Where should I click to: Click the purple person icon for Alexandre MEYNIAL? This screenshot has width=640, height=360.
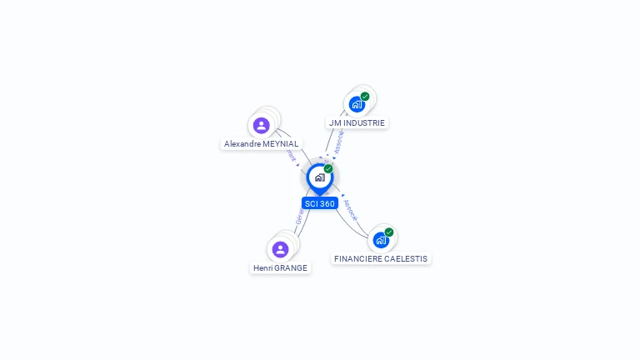coord(262,125)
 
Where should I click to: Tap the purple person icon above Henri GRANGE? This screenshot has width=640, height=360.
coord(280,249)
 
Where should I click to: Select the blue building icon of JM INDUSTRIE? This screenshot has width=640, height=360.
coord(357,104)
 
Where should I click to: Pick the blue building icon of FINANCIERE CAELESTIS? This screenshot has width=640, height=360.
coord(381,240)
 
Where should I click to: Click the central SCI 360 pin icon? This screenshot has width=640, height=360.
coord(319,177)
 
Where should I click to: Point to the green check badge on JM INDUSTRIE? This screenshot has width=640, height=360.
coord(365,97)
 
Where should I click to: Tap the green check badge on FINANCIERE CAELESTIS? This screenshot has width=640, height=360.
coord(389,232)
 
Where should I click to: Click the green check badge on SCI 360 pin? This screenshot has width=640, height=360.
coord(328,169)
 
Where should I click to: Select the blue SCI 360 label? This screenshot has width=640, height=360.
coord(320,203)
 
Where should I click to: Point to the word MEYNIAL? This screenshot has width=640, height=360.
coord(282,144)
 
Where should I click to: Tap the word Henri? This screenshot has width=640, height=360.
coord(264,268)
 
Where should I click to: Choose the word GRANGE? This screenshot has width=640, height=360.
coord(292,268)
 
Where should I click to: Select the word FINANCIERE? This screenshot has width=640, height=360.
coord(358,259)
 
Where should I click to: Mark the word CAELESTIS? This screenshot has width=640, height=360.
coord(407,259)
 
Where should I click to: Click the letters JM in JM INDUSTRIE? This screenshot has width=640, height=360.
coord(335,122)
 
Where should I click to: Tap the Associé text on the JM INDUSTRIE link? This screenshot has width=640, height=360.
coord(337,142)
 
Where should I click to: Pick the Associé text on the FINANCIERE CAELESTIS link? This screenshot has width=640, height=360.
coord(350,209)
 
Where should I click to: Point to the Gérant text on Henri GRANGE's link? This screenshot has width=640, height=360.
coord(299,218)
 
